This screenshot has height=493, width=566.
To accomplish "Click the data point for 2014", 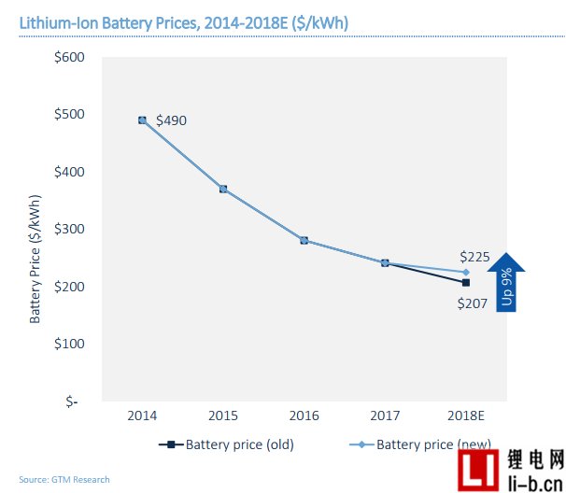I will [x=142, y=120].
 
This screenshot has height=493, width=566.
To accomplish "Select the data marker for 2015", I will [x=223, y=189].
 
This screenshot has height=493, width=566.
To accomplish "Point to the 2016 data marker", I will [x=304, y=240].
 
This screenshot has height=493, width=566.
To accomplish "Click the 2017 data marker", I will [x=385, y=263].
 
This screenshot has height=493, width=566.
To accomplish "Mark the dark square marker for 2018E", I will [x=465, y=283].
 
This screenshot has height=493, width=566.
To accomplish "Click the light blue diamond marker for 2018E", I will [x=465, y=272].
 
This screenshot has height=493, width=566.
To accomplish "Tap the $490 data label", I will [x=173, y=121].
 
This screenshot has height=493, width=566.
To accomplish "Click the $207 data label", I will [x=472, y=303].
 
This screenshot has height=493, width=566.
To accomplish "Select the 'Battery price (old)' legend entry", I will [x=229, y=445].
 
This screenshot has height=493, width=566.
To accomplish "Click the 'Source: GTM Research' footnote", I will [x=64, y=480].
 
